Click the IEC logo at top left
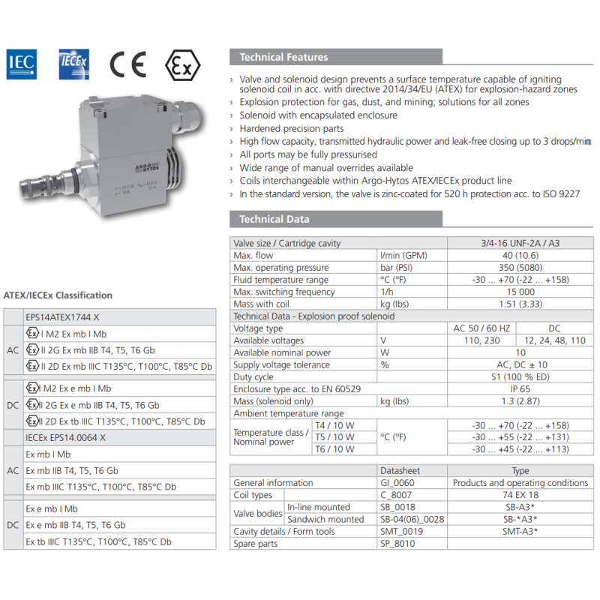[x=20, y=64]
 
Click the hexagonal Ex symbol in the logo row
[x=182, y=65]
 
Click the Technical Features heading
[x=283, y=57]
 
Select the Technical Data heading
[x=274, y=219]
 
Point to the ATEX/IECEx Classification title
[x=58, y=295]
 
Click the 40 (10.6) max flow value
[x=520, y=256]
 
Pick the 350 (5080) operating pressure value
[x=520, y=268]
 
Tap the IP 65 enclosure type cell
[x=520, y=389]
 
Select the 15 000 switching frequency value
[x=520, y=292]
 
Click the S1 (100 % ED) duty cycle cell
[x=520, y=377]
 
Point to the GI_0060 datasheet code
[x=397, y=483]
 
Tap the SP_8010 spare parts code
[x=397, y=544]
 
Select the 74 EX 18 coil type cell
[x=520, y=495]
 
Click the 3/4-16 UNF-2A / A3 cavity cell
[x=520, y=243]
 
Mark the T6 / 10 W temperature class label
[x=334, y=449]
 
